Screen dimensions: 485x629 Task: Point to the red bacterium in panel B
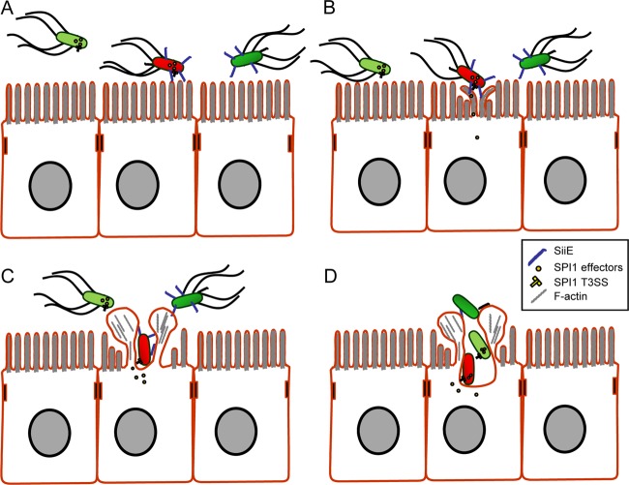[x=466, y=76]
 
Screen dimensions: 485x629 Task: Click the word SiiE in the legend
[x=561, y=250]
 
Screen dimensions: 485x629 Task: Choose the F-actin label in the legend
[x=567, y=304]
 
